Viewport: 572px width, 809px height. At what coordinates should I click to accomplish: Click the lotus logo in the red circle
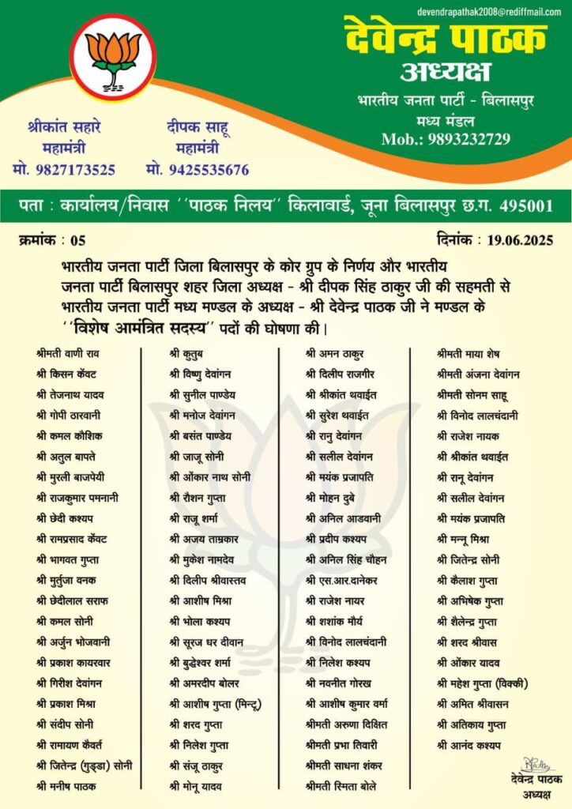coord(112,56)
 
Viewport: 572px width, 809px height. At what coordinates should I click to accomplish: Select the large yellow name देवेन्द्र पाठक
coord(446,39)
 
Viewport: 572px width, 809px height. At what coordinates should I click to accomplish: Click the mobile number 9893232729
coord(471,139)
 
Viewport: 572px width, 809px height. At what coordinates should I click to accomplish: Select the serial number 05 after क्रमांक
coord(77,240)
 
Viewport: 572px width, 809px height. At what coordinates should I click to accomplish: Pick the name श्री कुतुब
coord(188,353)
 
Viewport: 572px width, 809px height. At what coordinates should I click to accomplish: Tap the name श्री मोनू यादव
coord(195,786)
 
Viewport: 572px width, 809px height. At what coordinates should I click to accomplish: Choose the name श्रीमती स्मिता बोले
coord(341,786)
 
